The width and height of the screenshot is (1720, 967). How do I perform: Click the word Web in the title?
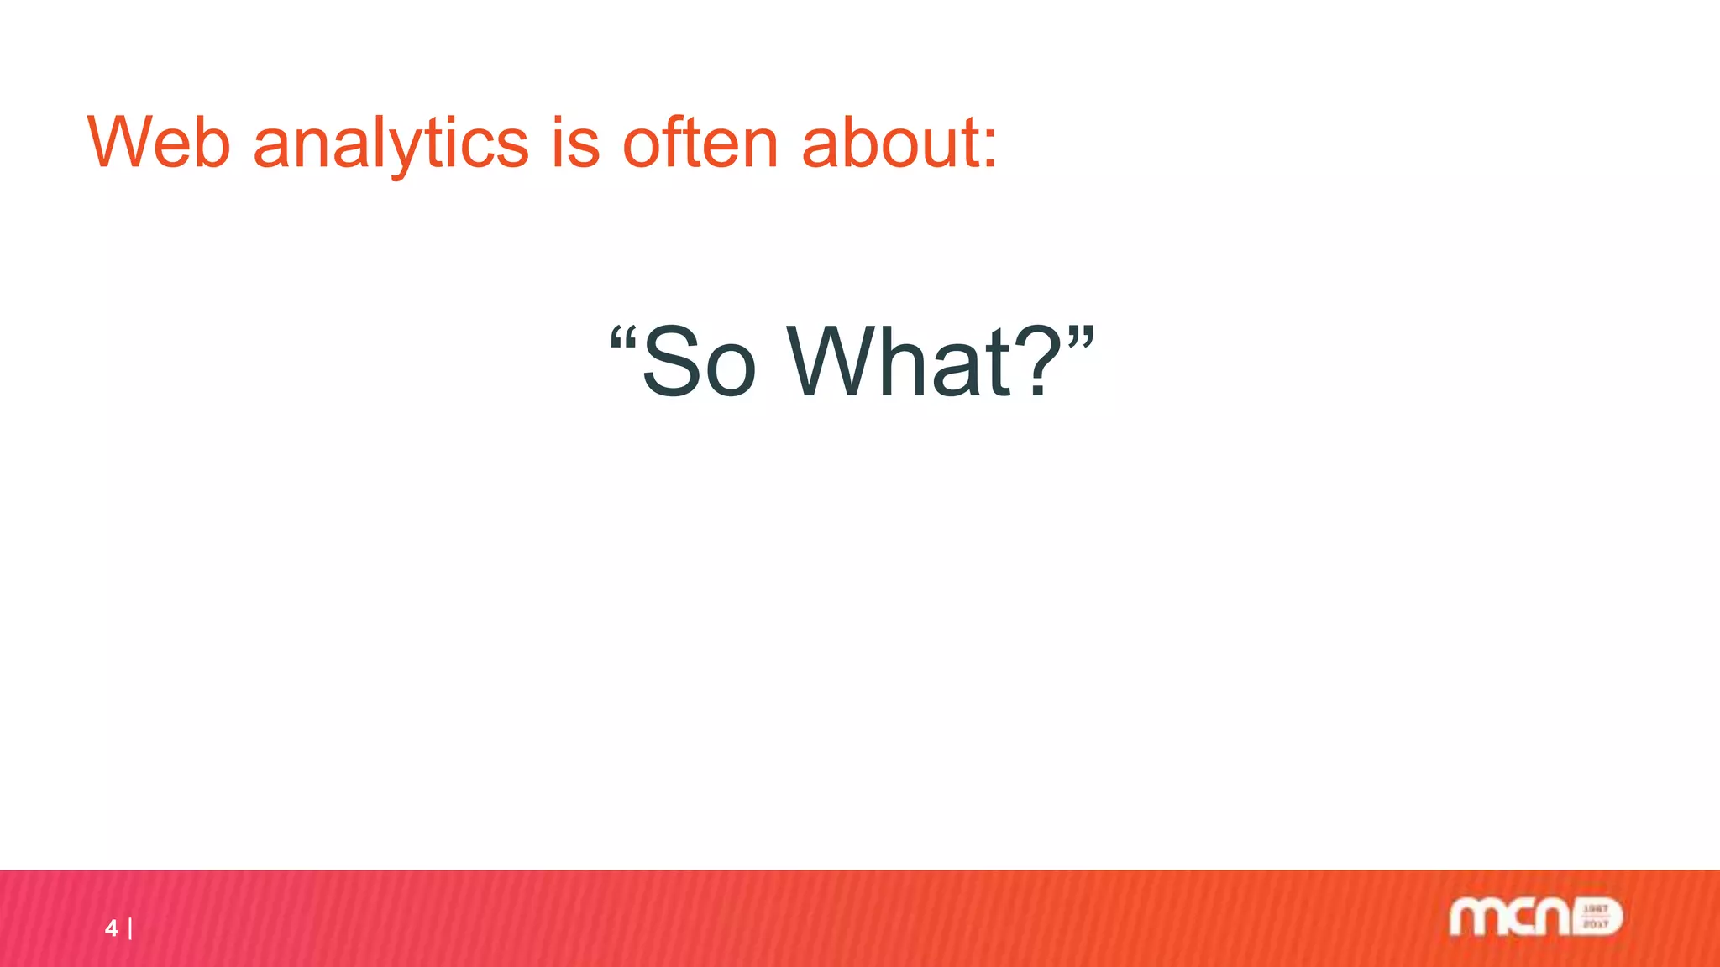point(159,143)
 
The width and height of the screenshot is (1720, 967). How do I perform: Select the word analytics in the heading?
point(391,143)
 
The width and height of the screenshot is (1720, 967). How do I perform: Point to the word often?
point(700,143)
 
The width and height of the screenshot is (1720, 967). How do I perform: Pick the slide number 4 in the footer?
point(111,928)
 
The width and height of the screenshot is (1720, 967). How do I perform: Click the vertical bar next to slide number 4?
point(130,928)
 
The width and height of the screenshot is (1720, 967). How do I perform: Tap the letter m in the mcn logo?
point(1476,917)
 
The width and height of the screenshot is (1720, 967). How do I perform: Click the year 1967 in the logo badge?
point(1595,909)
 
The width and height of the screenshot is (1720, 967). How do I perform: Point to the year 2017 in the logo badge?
point(1595,924)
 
